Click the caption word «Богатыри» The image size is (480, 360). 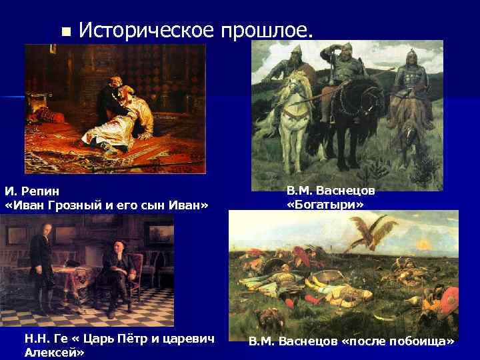[325, 204]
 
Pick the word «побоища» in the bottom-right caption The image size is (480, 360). [417, 341]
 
